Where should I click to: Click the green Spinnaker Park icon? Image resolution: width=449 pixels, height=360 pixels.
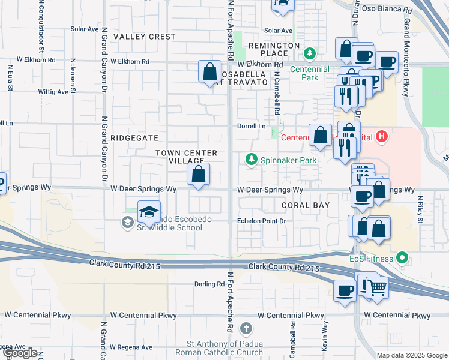point(251,160)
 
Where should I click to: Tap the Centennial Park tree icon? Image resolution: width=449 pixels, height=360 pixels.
point(310,54)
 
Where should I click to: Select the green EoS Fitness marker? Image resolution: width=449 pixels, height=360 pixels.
point(403,259)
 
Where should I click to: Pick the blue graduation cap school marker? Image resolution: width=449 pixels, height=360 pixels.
point(149,212)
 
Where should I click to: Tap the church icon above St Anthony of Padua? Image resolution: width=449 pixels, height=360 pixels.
point(246,328)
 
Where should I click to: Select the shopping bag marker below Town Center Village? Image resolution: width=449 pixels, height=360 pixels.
point(198,175)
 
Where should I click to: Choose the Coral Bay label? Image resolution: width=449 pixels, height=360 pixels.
point(306,205)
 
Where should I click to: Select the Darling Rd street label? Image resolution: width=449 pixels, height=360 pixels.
point(208,284)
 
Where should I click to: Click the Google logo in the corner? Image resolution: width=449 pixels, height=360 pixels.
point(20,353)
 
